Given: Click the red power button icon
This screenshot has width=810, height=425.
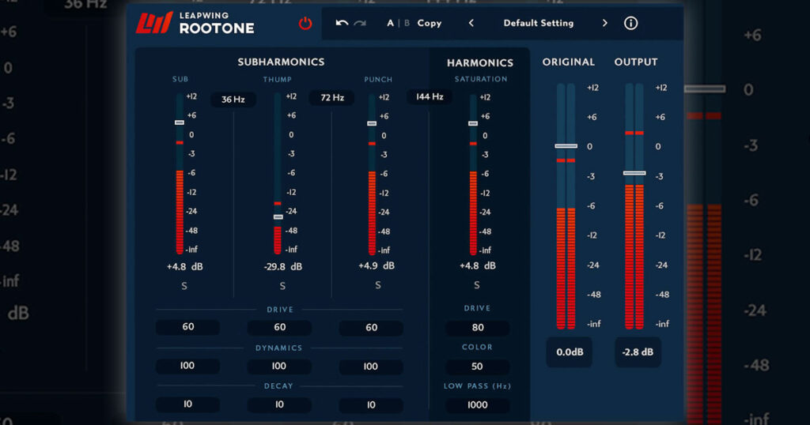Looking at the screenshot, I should (x=305, y=24).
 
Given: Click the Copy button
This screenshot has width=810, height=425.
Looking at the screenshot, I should (x=430, y=23).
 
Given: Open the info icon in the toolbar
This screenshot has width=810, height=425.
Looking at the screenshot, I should (x=630, y=23).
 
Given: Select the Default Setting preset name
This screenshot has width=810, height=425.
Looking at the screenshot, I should (x=539, y=23).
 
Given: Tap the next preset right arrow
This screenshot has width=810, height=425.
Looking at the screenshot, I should (x=605, y=23).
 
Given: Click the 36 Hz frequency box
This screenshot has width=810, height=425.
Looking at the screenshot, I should (x=233, y=100).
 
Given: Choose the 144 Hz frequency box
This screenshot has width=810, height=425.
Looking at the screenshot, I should (x=430, y=97).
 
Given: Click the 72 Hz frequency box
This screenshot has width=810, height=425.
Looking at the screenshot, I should (x=332, y=98).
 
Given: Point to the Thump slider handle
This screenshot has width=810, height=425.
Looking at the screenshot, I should (x=278, y=216).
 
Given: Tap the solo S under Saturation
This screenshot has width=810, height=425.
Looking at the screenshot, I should (x=477, y=285).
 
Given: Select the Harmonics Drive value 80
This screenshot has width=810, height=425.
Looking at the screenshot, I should (x=478, y=328).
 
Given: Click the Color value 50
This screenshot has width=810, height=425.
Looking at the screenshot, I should (x=477, y=367).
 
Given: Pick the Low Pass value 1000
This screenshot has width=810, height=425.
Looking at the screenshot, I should (x=477, y=404).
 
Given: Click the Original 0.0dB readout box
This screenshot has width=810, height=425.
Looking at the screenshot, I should (x=569, y=352).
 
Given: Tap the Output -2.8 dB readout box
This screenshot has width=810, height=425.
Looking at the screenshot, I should (x=638, y=352).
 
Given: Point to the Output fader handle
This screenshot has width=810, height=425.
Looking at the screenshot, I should (x=634, y=173).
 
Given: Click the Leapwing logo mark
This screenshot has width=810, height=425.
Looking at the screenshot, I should (x=154, y=24).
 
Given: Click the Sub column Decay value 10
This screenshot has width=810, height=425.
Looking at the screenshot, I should (x=188, y=404).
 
